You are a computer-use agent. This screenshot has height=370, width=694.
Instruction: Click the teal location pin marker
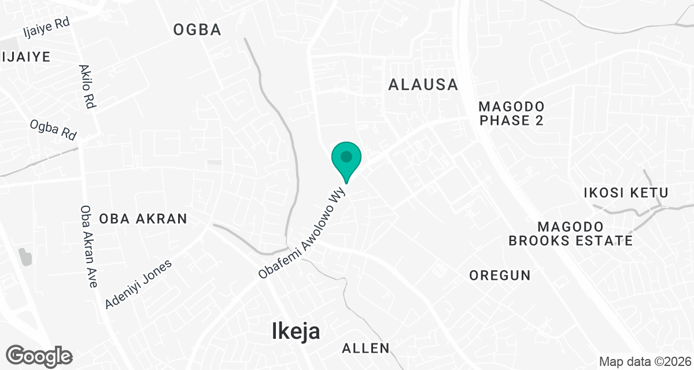346,161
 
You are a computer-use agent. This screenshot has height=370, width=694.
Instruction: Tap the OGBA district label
197,30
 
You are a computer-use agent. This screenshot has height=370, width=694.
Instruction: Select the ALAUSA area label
423,84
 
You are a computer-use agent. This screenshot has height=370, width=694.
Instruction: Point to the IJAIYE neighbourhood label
26,57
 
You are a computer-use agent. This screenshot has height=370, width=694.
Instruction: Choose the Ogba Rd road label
53,130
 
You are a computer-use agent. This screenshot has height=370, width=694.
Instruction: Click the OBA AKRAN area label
143,219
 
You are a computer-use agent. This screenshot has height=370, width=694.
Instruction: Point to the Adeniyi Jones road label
139,284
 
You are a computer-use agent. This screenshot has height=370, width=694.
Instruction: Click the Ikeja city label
296,331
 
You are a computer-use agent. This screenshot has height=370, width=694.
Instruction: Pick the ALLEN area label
366,348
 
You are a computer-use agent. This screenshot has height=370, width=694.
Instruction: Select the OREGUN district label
500,275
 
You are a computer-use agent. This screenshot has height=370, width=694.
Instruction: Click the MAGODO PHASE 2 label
512,113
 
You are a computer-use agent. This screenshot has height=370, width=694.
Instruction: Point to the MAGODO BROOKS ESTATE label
571,234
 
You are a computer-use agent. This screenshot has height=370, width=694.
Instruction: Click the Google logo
39,355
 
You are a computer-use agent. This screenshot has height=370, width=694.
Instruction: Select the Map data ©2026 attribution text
645,362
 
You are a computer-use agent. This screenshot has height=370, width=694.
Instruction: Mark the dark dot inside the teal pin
346,156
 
